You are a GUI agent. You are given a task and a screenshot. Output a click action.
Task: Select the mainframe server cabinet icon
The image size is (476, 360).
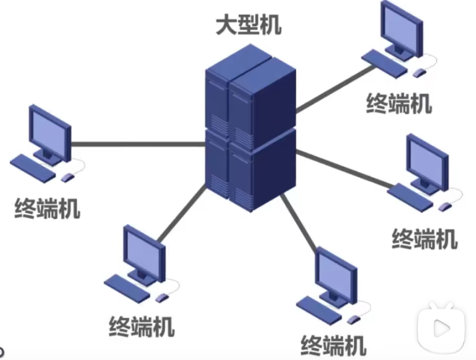[x=250, y=133]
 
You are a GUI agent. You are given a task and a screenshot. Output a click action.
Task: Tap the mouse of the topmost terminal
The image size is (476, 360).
[x=419, y=72]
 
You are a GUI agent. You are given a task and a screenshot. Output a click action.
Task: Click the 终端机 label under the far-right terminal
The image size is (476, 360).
[x=425, y=238]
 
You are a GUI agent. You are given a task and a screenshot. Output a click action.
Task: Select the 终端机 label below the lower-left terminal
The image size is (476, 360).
[x=142, y=328]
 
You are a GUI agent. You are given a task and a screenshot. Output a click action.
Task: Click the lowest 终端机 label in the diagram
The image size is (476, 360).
[x=334, y=346]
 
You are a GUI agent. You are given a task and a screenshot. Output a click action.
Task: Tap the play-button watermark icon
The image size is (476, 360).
[x=442, y=327]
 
